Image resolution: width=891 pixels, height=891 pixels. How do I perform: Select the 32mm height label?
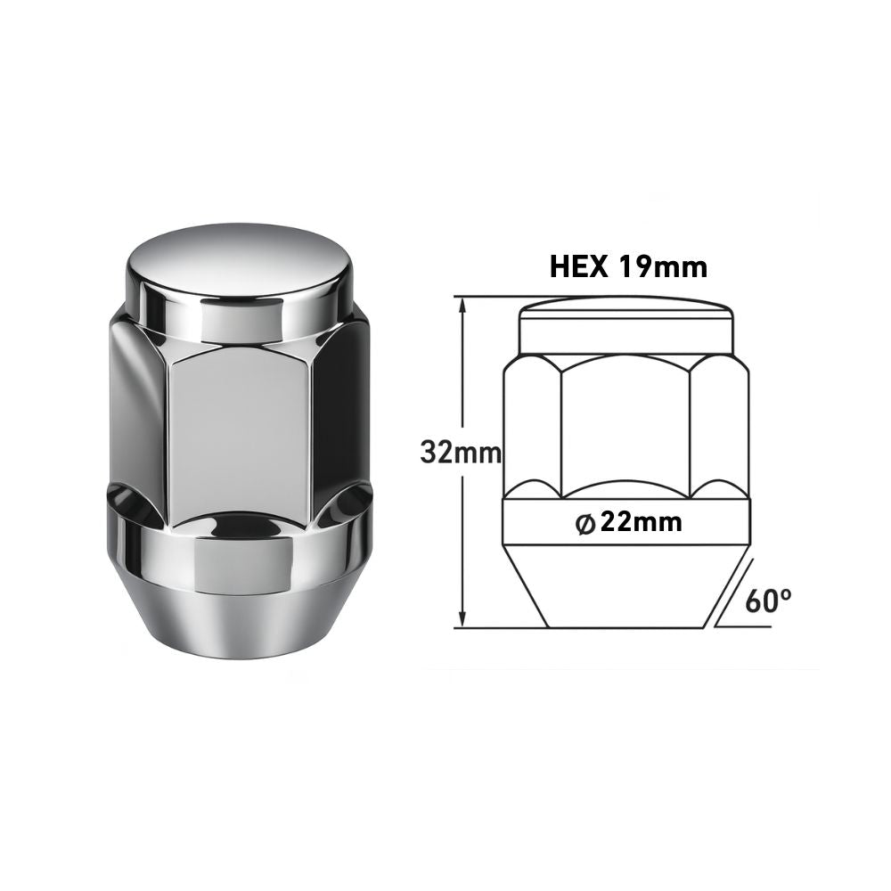pyautogui.click(x=461, y=453)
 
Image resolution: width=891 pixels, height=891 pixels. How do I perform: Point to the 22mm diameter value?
pyautogui.click(x=642, y=522)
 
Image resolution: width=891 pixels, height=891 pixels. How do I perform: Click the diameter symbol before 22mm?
pyautogui.click(x=586, y=524)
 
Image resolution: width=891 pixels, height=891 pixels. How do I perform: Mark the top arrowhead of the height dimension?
pyautogui.click(x=462, y=303)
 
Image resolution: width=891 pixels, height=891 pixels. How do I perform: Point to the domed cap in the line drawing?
pyautogui.click(x=626, y=325)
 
